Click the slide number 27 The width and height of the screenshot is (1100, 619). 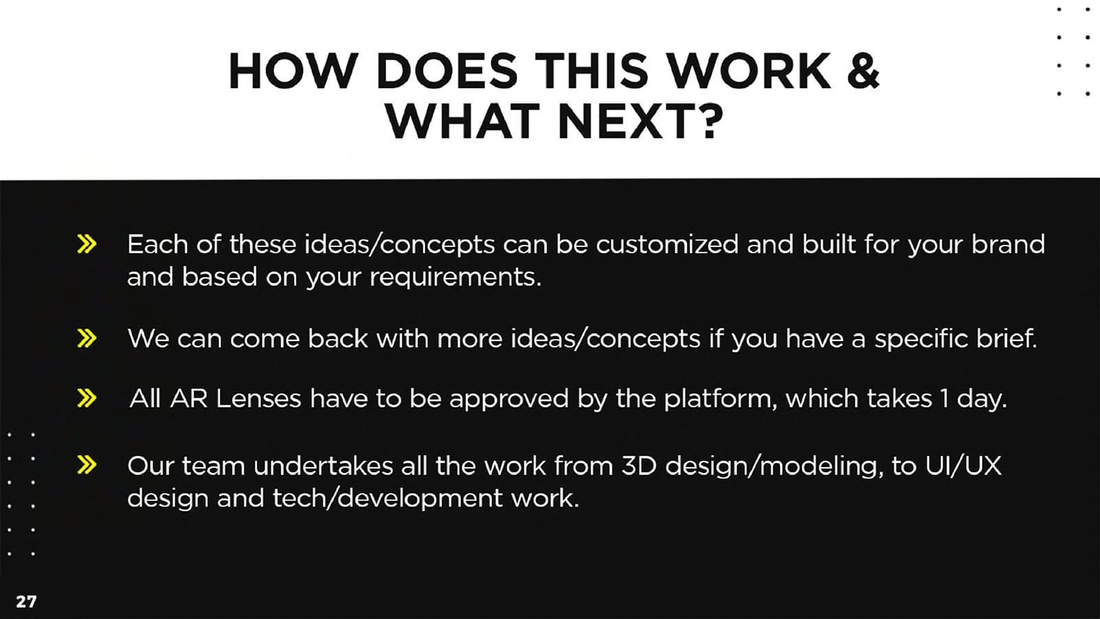[x=26, y=601]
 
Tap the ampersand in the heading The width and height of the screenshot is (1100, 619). [x=863, y=71]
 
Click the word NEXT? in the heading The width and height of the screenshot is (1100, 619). [x=640, y=121]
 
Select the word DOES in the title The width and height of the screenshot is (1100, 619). [x=447, y=71]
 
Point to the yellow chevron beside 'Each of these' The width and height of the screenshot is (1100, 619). [x=87, y=243]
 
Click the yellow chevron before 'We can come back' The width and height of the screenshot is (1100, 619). [x=87, y=338]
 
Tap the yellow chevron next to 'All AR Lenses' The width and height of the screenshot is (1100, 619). [x=87, y=398]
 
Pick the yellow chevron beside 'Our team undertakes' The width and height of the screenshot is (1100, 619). [x=87, y=465]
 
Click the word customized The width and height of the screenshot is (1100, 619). [x=668, y=244]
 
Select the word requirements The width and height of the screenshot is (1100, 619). [x=455, y=278]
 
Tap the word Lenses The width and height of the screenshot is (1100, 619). [x=258, y=398]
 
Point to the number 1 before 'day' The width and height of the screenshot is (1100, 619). [x=945, y=398]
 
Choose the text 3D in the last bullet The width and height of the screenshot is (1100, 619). [x=639, y=465]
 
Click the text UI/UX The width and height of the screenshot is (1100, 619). [x=963, y=465]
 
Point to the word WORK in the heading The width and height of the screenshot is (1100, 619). [x=750, y=71]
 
